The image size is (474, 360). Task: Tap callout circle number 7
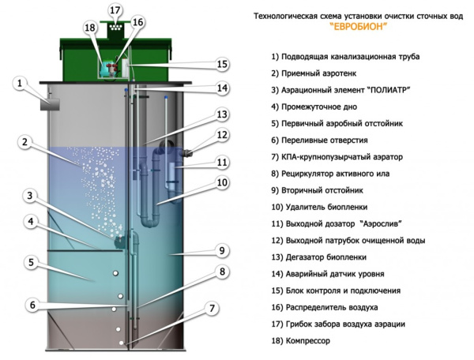[x=212, y=308]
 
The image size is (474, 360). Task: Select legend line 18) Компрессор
[x=299, y=340]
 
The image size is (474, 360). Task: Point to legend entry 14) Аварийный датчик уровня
[x=327, y=273]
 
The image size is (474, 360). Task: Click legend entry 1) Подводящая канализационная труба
[x=344, y=57]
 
